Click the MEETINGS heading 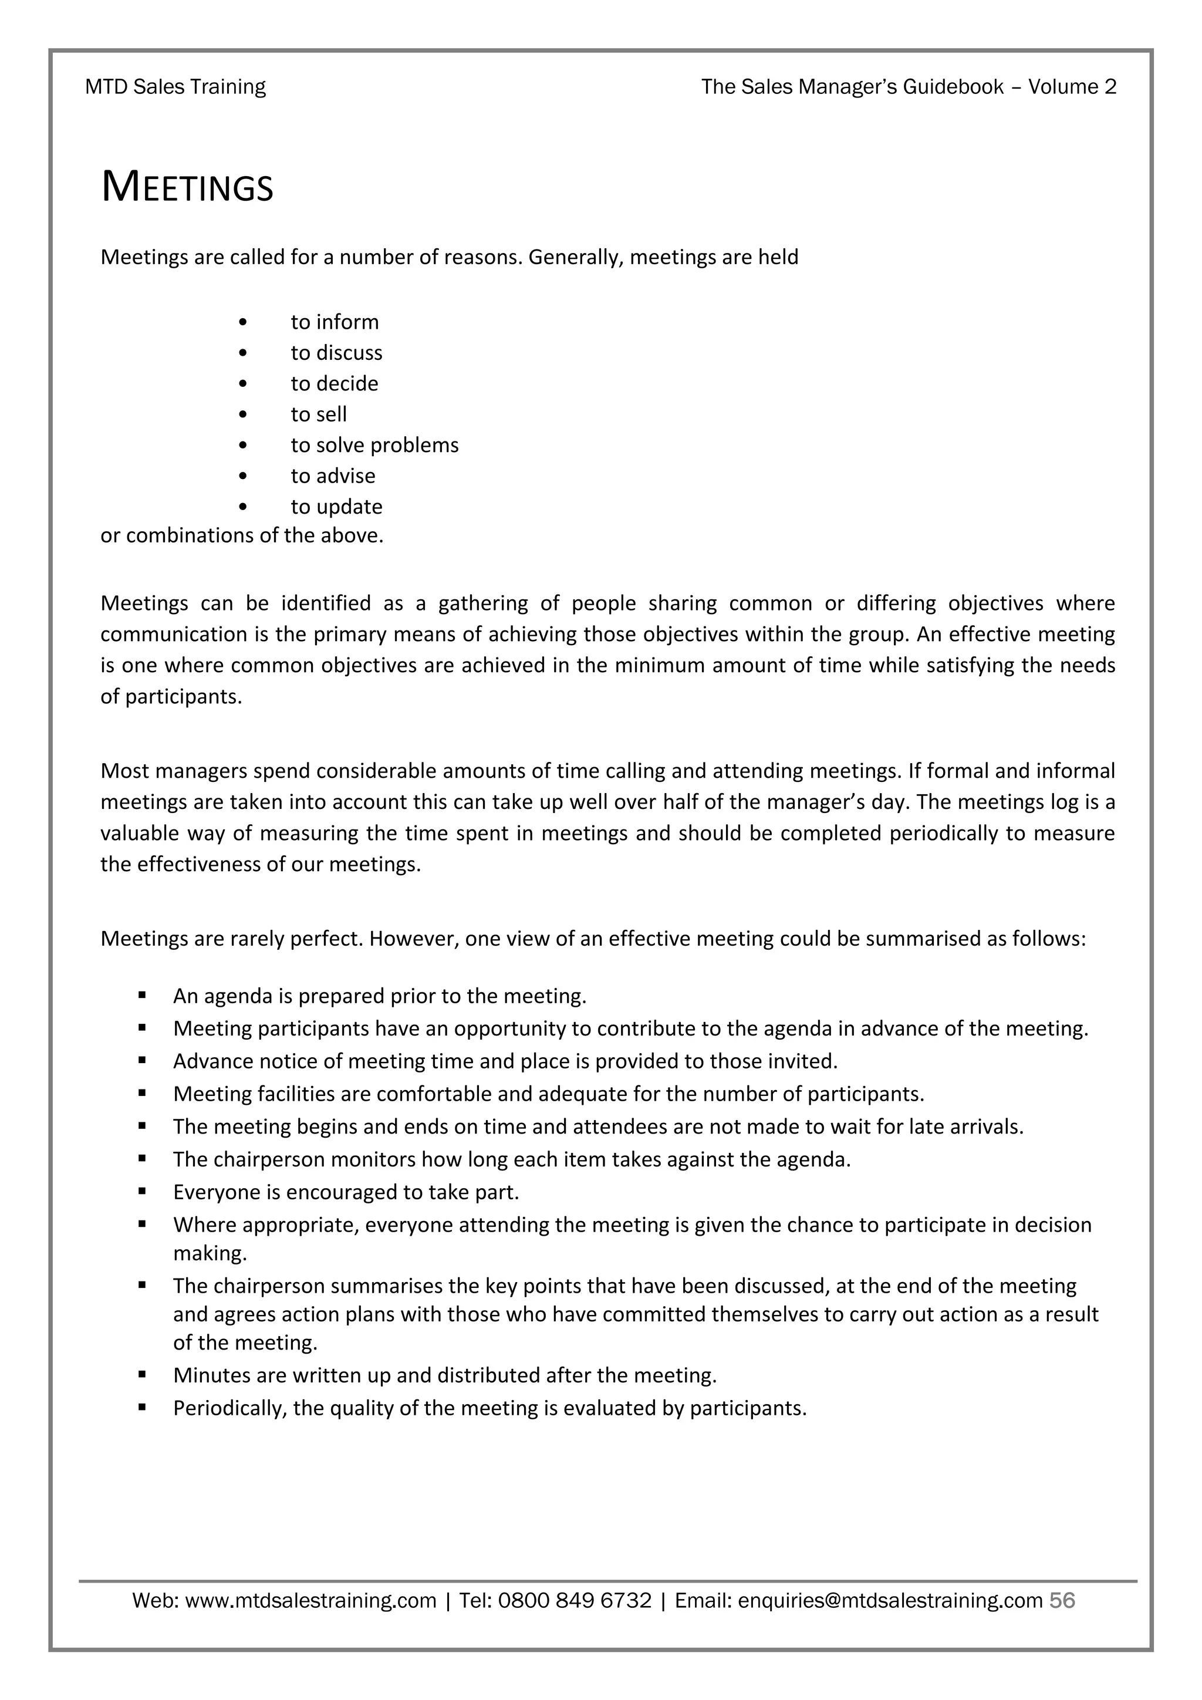(187, 187)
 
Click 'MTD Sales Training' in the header (175, 87)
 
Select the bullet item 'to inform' (334, 322)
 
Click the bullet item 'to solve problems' (374, 445)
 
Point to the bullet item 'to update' (336, 507)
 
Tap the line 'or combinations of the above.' (242, 535)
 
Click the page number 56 (1062, 1601)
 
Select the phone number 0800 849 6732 (575, 1601)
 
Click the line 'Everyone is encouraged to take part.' (346, 1192)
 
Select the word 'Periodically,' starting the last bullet (229, 1408)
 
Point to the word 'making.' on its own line (210, 1253)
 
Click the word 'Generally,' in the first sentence (575, 258)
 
